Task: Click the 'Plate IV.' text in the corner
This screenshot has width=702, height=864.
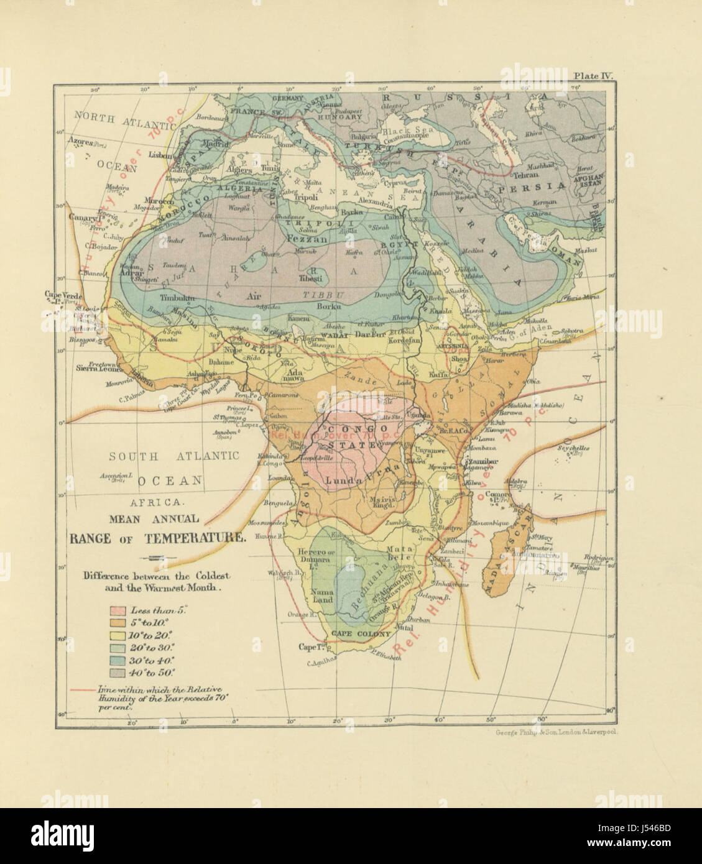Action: (593, 76)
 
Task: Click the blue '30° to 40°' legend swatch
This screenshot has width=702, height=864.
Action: (118, 659)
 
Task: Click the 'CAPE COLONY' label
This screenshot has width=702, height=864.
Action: (361, 634)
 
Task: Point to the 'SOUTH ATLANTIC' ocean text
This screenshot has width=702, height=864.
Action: (173, 456)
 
